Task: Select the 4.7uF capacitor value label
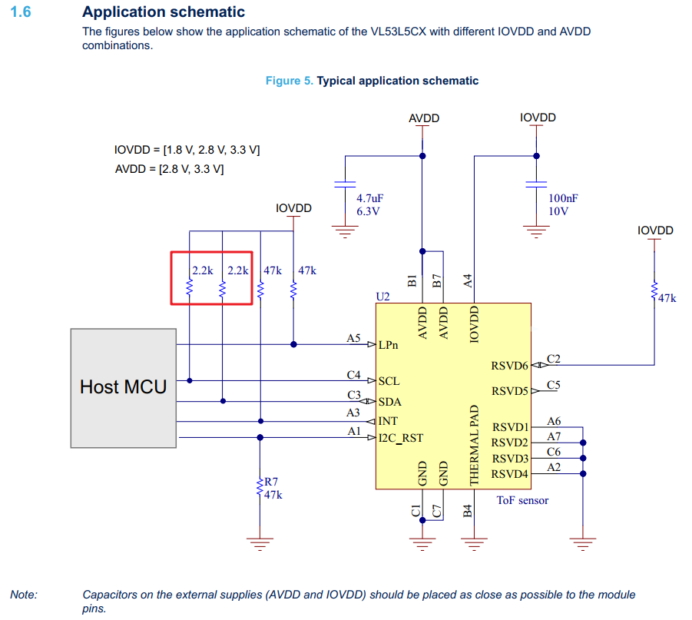click(x=369, y=198)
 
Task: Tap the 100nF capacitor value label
click(x=563, y=198)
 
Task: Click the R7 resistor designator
click(x=271, y=482)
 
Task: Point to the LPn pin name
click(x=389, y=345)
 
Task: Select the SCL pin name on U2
click(x=389, y=381)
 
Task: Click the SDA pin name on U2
click(x=389, y=401)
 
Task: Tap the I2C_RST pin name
click(x=400, y=439)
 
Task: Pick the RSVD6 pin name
click(x=509, y=366)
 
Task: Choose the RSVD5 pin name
click(x=509, y=391)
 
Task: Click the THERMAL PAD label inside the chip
click(x=474, y=445)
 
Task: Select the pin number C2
click(x=554, y=358)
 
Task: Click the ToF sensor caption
click(x=522, y=500)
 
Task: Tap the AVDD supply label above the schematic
click(x=424, y=118)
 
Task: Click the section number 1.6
click(x=20, y=12)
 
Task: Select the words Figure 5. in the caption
click(x=289, y=81)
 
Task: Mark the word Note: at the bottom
click(x=23, y=595)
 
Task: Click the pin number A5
click(x=353, y=337)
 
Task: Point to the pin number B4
click(x=468, y=510)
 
